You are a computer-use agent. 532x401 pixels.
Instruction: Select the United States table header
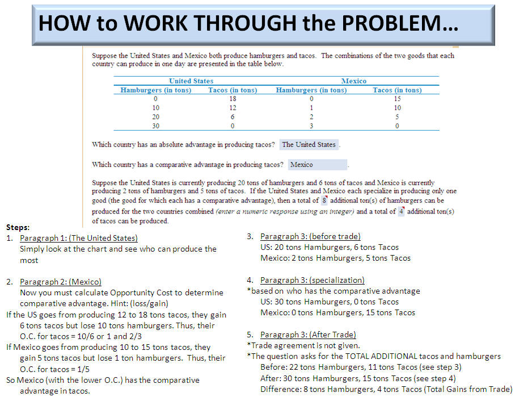click(x=191, y=81)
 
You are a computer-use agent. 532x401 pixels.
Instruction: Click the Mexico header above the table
click(x=354, y=81)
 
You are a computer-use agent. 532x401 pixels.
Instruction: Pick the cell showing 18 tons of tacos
click(x=233, y=98)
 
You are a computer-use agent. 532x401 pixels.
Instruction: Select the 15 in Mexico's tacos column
click(x=397, y=98)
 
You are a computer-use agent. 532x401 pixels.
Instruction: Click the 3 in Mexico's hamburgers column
click(x=311, y=126)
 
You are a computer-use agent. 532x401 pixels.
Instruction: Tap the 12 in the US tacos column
click(x=233, y=107)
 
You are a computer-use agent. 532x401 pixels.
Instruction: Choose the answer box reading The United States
click(x=309, y=144)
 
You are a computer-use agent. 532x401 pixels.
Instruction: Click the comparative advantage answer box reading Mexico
click(x=317, y=165)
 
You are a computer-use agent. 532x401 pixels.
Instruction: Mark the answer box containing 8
click(x=324, y=200)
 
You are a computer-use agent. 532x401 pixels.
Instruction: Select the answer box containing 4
click(x=400, y=211)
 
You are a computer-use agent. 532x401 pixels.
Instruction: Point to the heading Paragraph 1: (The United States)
click(x=78, y=238)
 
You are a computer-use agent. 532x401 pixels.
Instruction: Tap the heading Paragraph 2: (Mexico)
click(x=61, y=282)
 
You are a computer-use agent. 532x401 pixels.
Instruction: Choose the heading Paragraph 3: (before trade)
click(x=310, y=236)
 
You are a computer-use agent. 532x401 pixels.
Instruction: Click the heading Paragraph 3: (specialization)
click(x=312, y=280)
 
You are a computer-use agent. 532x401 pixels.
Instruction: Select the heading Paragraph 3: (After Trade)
click(x=308, y=335)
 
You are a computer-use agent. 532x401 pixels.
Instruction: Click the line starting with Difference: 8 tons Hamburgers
click(x=386, y=389)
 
